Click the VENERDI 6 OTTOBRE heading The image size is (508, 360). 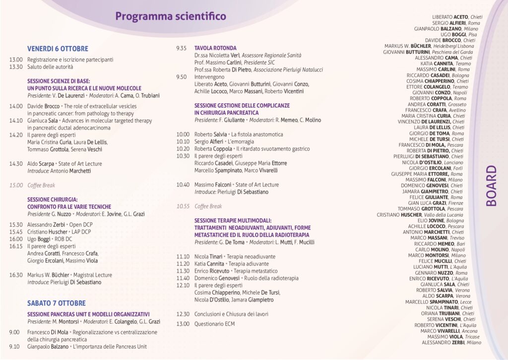point(58,49)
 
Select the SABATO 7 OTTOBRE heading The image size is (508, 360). point(56,303)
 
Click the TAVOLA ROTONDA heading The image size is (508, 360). point(215,48)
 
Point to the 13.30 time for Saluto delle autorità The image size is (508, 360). point(16,66)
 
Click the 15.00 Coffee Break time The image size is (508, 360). point(16,185)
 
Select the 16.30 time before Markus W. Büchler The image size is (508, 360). point(16,275)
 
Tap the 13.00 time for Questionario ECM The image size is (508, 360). point(183,324)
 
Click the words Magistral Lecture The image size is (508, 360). point(94,275)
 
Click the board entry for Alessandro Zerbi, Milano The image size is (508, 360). point(451,342)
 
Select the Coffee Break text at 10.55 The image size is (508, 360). point(208,206)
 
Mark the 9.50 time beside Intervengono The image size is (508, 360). point(182,77)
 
